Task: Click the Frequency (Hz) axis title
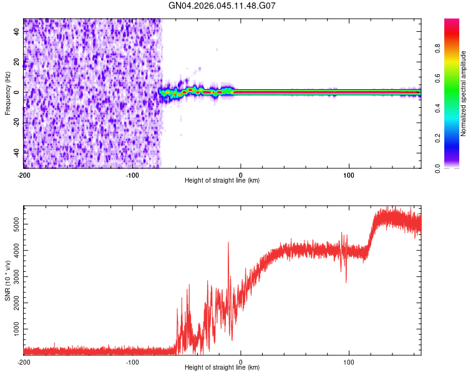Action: (x=7, y=93)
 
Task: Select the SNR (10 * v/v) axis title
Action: (x=7, y=280)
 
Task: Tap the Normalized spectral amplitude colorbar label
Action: (x=464, y=93)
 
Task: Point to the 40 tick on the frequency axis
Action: (x=17, y=32)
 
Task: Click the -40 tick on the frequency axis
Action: (x=16, y=152)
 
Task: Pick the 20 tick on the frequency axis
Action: (x=17, y=62)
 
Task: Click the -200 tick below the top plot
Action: (x=24, y=175)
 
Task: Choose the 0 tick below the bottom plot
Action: (x=241, y=362)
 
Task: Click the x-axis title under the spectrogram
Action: (x=222, y=181)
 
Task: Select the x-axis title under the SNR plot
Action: (x=222, y=368)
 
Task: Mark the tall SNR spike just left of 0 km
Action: (x=228, y=242)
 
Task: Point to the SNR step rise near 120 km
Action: (x=371, y=234)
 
